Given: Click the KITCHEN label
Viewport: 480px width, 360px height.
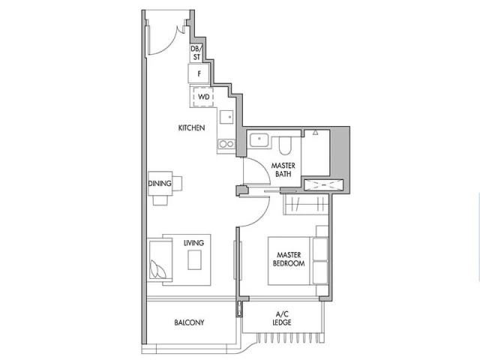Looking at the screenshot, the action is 192,127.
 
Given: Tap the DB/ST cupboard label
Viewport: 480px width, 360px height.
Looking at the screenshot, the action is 196,53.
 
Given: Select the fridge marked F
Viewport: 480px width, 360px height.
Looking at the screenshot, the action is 199,73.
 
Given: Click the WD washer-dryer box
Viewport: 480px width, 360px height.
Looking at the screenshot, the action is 203,97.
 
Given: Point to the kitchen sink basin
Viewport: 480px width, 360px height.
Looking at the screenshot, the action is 226,117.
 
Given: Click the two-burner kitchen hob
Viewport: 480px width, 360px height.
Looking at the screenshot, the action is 226,143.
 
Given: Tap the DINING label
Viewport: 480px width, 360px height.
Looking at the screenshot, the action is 160,183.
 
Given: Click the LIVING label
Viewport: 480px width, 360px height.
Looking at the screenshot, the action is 193,243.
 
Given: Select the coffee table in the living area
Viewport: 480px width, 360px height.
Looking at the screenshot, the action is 194,260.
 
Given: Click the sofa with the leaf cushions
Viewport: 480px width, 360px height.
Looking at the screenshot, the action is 160,260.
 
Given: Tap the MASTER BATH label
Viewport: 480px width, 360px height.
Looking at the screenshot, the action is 283,169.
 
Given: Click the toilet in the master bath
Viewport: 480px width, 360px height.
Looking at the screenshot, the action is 286,145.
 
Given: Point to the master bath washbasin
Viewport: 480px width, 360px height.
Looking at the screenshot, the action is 259,140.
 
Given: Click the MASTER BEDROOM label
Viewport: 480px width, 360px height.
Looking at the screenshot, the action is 289,259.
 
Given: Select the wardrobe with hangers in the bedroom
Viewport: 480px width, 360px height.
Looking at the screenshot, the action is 306,204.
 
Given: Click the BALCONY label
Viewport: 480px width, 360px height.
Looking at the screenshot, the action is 189,322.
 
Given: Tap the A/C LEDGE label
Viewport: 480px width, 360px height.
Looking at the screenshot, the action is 282,318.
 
